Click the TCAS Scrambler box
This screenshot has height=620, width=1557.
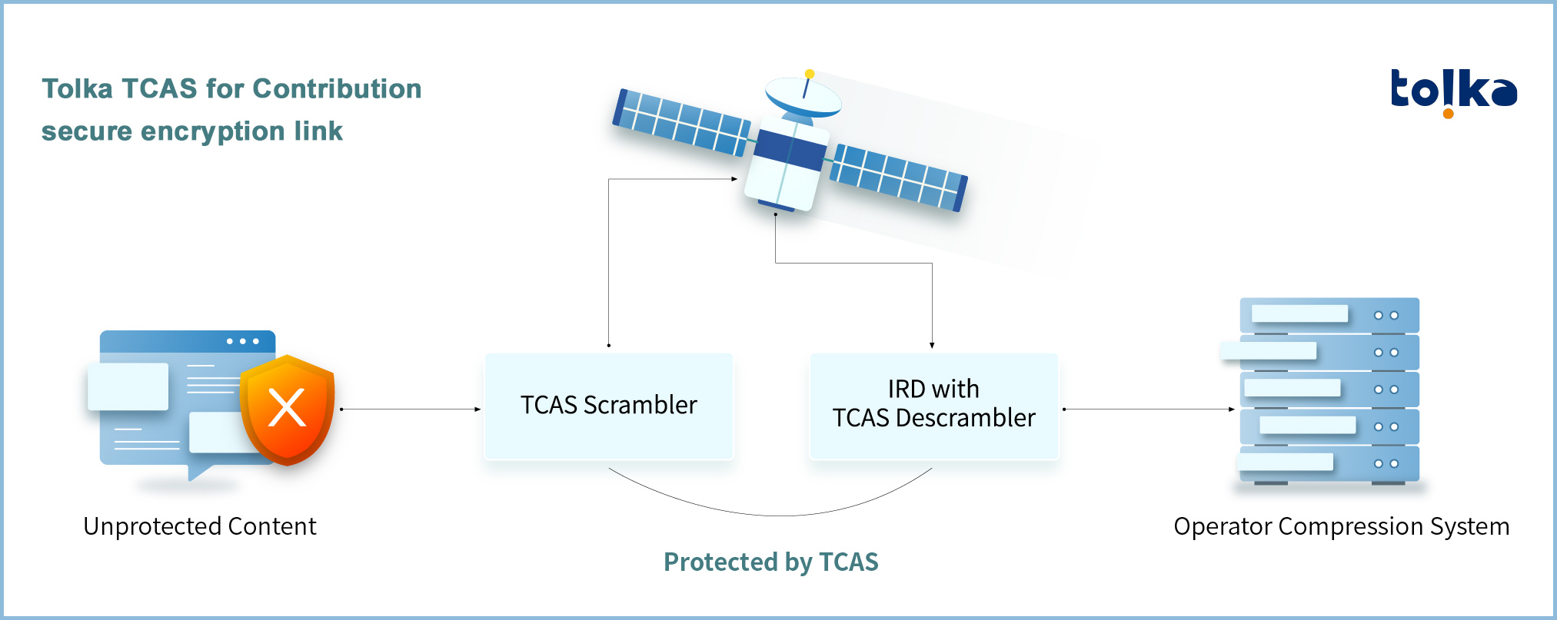pos(609,406)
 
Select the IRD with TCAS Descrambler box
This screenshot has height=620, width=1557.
pos(934,406)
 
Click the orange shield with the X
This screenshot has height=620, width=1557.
pos(288,409)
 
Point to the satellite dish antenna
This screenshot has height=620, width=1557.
pos(803,96)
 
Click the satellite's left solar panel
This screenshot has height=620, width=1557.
pos(681,122)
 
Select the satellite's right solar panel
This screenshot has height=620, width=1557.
pos(898,177)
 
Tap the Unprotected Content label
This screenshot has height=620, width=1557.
pos(200,526)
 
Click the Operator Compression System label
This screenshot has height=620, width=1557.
pos(1342,526)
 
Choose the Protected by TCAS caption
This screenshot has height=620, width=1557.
pos(771,562)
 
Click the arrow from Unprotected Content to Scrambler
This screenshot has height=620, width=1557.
pos(411,409)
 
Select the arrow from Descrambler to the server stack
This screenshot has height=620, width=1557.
pos(1149,409)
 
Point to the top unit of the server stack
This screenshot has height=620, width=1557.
pos(1329,315)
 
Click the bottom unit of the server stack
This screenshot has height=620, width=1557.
pos(1328,464)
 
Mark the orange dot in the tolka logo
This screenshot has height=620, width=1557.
pos(1449,114)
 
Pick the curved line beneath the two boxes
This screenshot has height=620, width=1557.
pos(771,515)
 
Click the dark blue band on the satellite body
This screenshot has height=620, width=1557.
pos(790,150)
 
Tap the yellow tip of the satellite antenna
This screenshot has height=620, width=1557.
pos(810,74)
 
